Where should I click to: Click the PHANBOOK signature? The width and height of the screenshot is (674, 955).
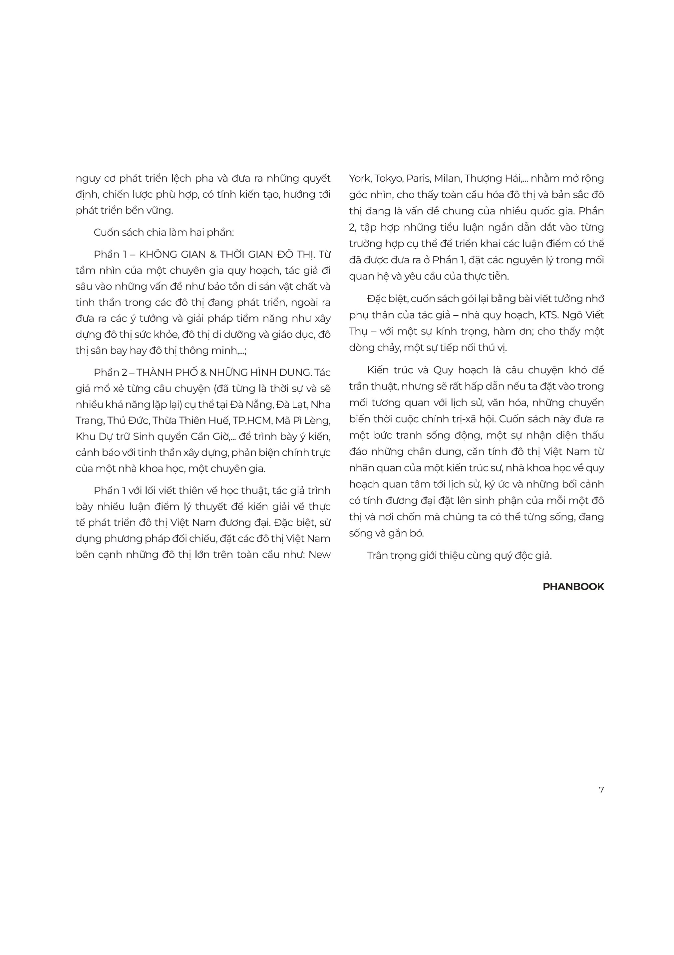(x=573, y=586)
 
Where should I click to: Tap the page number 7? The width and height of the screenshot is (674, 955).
(x=601, y=790)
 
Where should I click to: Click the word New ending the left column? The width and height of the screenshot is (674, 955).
(x=319, y=555)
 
